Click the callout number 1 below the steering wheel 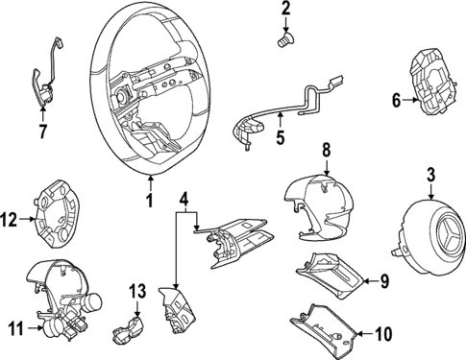tap(149, 200)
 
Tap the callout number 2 tap(285, 10)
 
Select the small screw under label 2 tap(285, 41)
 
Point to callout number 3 tap(430, 175)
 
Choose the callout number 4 tap(184, 201)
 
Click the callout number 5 tap(281, 138)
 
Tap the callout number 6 tap(397, 101)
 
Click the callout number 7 tap(42, 132)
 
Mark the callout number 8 tap(326, 151)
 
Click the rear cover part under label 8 tap(318, 206)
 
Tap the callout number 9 tap(384, 281)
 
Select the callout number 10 tap(383, 334)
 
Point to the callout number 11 tap(15, 328)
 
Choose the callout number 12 tap(9, 220)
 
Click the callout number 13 tap(137, 292)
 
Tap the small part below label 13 tap(128, 330)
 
